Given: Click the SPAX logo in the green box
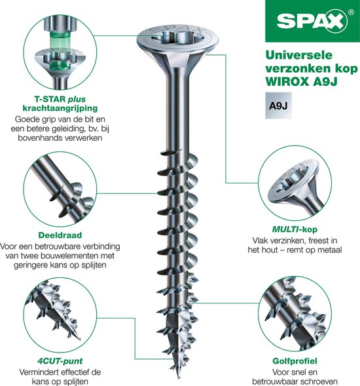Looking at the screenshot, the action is tap(312, 21).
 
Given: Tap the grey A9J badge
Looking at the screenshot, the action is tap(278, 106).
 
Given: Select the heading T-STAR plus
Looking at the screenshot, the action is tap(60, 99).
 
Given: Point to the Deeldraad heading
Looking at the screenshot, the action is tap(60, 235).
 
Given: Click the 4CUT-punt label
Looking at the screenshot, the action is tap(60, 361).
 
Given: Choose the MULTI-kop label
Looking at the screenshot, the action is tap(295, 229).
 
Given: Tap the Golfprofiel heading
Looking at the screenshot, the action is tap(295, 361).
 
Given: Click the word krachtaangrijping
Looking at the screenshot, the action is tap(60, 108).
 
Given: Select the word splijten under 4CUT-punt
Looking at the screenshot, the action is tap(73, 381).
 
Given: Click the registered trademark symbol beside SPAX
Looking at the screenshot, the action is tap(351, 12).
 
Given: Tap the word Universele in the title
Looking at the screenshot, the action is tap(298, 55).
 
